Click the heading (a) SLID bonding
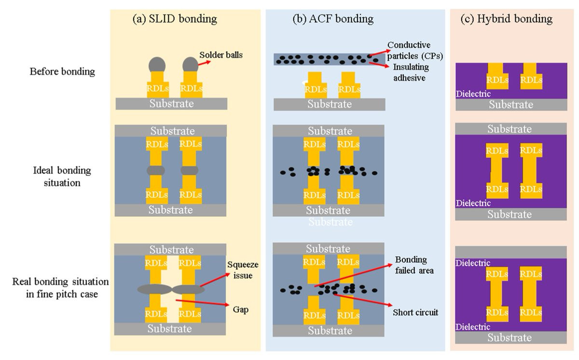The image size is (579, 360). tap(175, 19)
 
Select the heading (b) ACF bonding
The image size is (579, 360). tap(333, 19)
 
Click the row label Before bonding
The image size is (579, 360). tap(62, 72)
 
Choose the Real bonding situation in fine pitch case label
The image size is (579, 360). tap(61, 287)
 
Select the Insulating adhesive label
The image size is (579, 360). tap(410, 72)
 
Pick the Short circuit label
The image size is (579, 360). tap(415, 312)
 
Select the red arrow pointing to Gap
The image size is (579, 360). tap(202, 304)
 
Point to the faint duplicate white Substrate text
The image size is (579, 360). tap(331, 222)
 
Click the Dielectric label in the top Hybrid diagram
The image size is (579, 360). tap(473, 94)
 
